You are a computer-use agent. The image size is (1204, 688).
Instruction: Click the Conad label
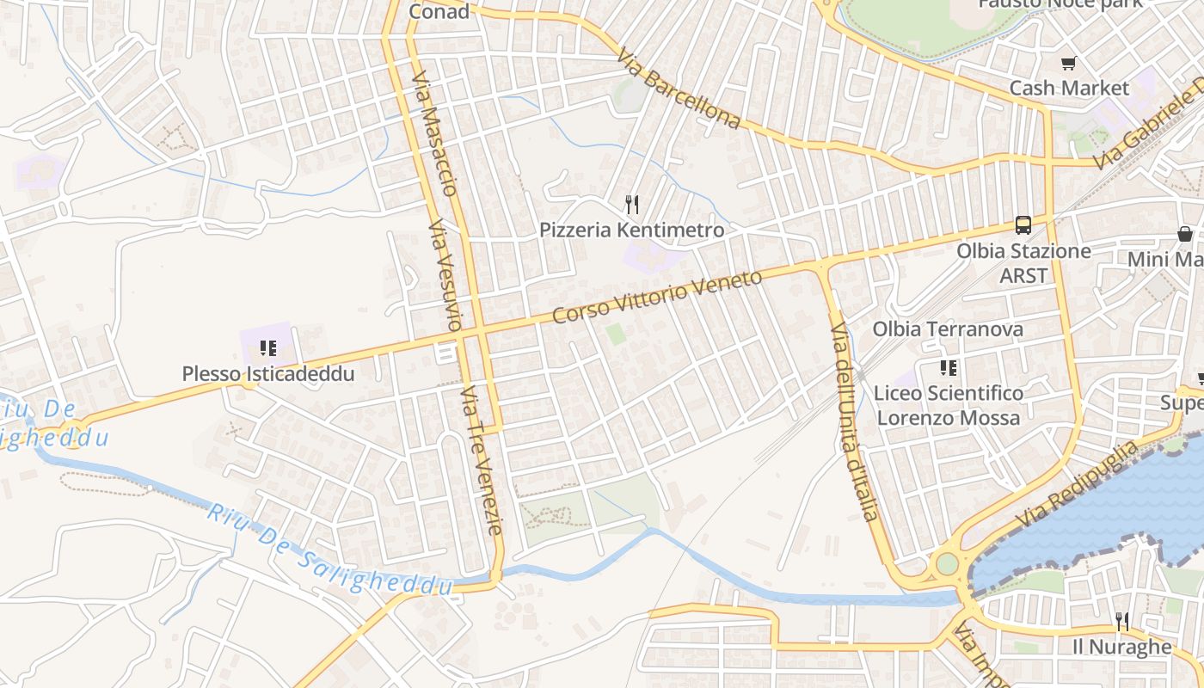439,11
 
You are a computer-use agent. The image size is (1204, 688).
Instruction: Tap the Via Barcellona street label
679,88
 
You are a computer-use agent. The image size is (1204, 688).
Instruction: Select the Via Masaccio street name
435,133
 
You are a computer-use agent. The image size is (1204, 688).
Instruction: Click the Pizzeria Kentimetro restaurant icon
632,205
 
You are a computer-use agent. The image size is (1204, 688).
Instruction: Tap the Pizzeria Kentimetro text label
632,230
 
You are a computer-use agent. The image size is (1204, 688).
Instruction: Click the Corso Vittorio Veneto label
657,297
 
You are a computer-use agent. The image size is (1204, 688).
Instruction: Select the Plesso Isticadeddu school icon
268,348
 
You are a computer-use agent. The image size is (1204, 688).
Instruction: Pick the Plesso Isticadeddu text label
268,374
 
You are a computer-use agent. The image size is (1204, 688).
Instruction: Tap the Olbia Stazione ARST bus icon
1023,225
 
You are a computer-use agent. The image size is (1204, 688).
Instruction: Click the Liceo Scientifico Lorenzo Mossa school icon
949,368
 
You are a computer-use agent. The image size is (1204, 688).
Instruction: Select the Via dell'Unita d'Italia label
853,421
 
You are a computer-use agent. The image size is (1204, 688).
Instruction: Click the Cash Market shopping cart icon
1068,63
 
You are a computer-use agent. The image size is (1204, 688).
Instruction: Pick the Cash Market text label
1068,88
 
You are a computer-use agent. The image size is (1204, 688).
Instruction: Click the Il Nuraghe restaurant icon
1121,621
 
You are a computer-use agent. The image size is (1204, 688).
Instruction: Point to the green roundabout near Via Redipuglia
947,564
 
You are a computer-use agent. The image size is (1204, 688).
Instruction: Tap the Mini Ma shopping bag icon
1185,234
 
